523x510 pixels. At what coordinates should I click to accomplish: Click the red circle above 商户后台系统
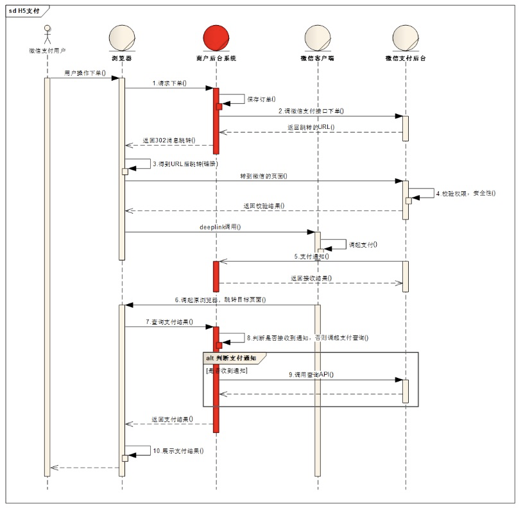[216, 38]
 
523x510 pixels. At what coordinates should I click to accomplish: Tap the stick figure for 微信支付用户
[47, 35]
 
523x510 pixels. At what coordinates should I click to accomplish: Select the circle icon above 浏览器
[122, 38]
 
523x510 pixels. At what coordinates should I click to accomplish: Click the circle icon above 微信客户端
[317, 38]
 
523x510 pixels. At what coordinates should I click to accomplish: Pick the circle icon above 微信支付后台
[406, 38]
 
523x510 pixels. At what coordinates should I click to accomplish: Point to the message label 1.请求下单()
[169, 83]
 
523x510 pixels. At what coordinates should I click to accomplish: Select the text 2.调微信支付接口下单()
[311, 111]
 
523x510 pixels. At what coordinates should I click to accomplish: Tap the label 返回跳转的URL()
[311, 128]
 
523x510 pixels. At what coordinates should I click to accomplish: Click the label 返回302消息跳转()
[169, 140]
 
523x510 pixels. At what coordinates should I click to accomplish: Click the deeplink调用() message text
[220, 227]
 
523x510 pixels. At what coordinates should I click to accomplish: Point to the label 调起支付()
[362, 244]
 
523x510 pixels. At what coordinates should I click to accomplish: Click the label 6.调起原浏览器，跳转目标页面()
[220, 300]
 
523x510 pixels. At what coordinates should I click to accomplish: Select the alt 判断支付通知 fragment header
[230, 357]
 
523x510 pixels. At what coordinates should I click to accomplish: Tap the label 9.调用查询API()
[311, 374]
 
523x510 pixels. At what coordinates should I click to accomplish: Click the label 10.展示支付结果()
[178, 450]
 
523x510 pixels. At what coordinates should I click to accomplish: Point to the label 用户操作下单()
[85, 73]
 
